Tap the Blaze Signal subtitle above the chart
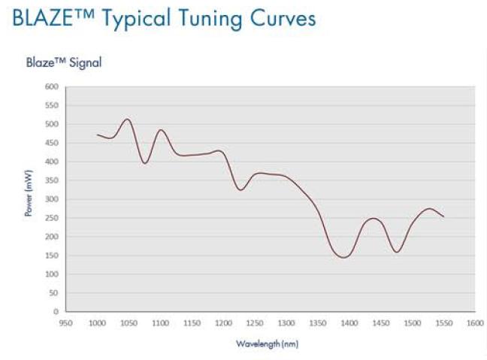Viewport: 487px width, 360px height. point(64,63)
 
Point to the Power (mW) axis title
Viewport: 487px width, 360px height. point(29,198)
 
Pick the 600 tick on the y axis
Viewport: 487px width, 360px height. point(52,86)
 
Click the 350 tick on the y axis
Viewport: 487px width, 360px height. point(52,180)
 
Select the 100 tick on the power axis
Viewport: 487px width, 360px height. point(52,274)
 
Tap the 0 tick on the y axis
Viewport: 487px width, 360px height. point(56,311)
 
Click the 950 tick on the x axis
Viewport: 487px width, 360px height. point(66,323)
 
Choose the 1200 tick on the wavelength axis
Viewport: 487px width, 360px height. point(223,323)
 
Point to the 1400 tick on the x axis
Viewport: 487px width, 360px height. point(349,323)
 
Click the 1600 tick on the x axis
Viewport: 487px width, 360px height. point(474,323)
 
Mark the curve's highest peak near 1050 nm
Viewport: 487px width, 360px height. point(127,119)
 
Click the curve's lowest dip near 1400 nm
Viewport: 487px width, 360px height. point(344,257)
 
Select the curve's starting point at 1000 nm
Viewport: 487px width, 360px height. point(97,135)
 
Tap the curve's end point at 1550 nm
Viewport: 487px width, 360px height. point(443,216)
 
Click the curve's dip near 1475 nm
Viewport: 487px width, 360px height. point(396,252)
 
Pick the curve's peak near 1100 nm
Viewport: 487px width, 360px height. point(160,130)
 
